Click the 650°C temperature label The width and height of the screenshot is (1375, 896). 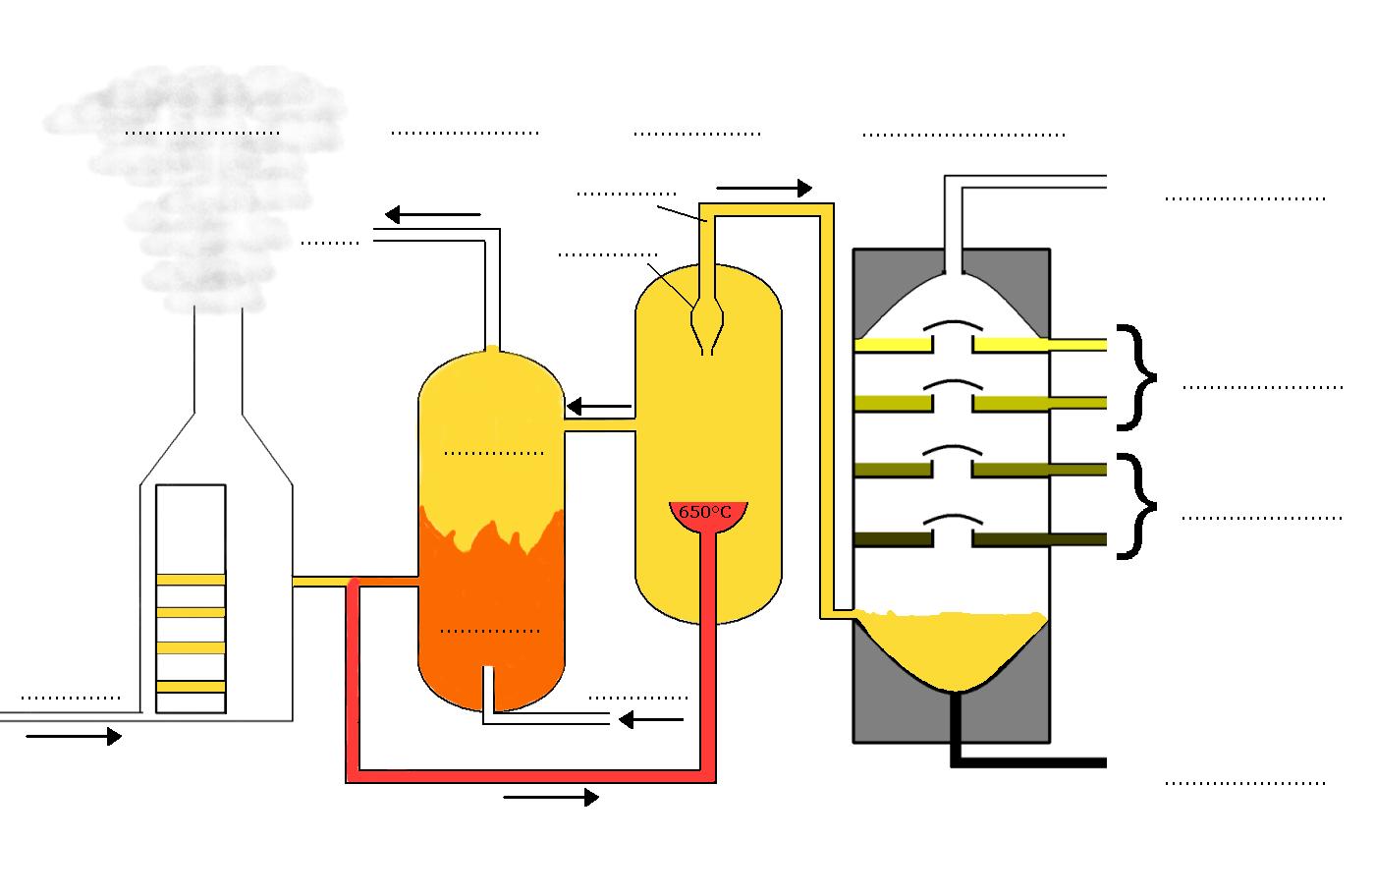[705, 512]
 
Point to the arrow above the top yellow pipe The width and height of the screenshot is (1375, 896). [764, 188]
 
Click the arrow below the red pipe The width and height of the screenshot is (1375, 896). [550, 798]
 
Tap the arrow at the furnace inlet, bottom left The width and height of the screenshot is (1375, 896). [74, 736]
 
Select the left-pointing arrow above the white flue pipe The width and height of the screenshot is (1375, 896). [432, 214]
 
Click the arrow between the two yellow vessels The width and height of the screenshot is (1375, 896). [599, 406]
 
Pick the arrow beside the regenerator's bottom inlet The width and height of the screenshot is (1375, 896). [650, 720]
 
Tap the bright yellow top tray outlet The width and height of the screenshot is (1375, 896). [1041, 344]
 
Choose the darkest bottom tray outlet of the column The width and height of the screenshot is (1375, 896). [1041, 539]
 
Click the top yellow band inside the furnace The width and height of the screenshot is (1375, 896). [191, 580]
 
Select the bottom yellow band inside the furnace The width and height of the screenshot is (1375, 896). [191, 686]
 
